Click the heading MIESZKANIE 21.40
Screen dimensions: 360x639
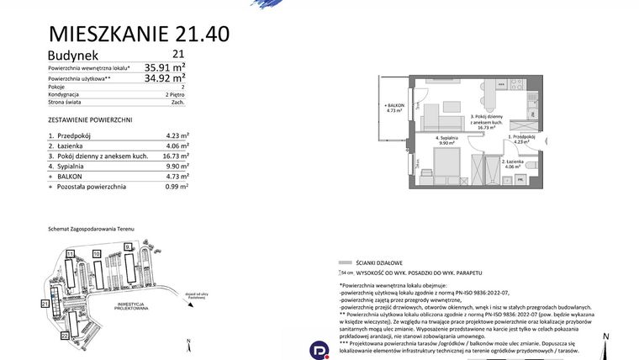pos(138,34)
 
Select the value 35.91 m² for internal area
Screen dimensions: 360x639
pos(165,66)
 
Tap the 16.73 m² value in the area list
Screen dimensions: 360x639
pos(176,156)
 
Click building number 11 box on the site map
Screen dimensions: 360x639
pos(70,252)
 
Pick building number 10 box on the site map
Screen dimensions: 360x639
pos(97,252)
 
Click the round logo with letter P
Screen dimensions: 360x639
pos(319,349)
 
